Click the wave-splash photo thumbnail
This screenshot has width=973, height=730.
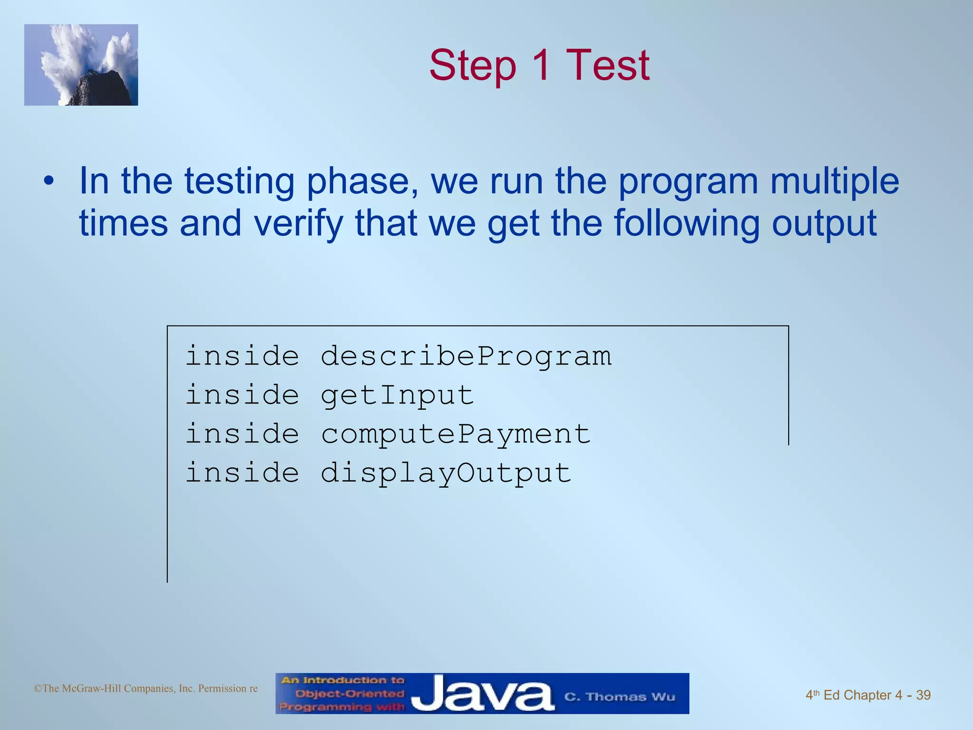click(81, 65)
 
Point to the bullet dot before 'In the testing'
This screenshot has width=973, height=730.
click(48, 182)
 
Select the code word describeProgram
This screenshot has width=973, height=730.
click(466, 356)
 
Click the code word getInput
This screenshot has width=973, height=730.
click(397, 395)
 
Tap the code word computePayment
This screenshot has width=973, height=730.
click(456, 434)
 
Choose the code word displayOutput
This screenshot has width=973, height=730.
click(446, 473)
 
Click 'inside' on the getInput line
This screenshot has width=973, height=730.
click(242, 395)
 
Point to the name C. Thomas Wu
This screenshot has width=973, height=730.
click(620, 697)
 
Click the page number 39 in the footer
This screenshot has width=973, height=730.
click(923, 695)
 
